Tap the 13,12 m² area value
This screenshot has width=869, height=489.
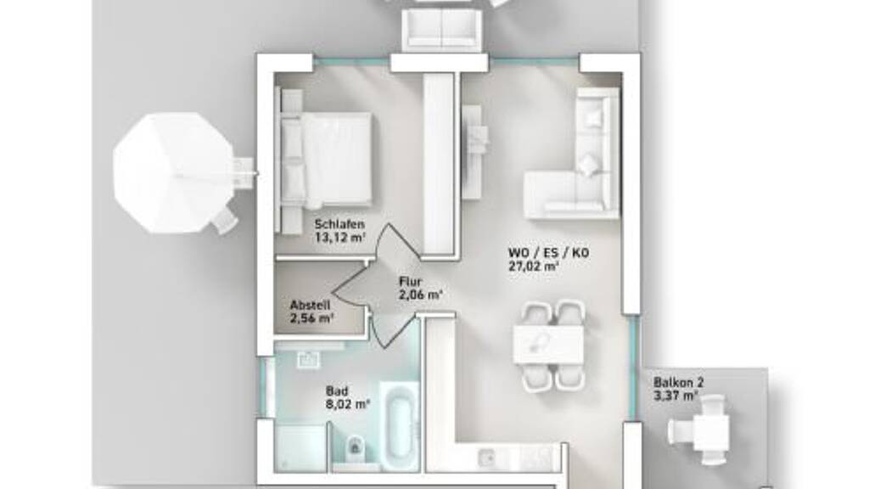339,238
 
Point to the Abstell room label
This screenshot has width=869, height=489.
310,305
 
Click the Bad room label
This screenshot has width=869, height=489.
336,391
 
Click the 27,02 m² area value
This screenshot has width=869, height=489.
533,267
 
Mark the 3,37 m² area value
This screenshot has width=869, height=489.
676,395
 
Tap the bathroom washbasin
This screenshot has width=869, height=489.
308,359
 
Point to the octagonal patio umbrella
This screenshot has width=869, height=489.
174,173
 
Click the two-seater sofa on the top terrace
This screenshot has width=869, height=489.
440,31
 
